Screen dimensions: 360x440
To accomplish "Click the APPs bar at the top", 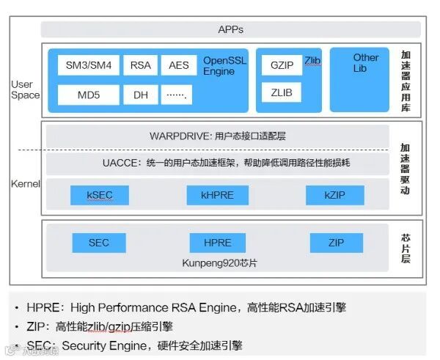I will tap(230, 29).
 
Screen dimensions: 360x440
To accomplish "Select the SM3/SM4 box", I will tap(84, 65).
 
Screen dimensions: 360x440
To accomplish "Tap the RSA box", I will tap(140, 65).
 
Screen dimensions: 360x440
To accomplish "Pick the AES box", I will tap(178, 65).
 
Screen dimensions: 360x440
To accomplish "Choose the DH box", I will tap(140, 95).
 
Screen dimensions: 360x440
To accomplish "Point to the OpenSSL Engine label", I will tap(224, 66).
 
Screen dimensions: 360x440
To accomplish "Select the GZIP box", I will tap(282, 65).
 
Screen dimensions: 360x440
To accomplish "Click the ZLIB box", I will tap(282, 93).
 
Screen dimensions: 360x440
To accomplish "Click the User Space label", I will tap(26, 89).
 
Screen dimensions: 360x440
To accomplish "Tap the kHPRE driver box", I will tap(216, 194).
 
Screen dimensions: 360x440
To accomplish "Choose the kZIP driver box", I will tap(335, 194).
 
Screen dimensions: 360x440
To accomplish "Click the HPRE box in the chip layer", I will tap(216, 243).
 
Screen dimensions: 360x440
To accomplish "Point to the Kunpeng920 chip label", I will tap(219, 262).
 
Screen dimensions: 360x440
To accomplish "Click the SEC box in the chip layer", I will tap(98, 243).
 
